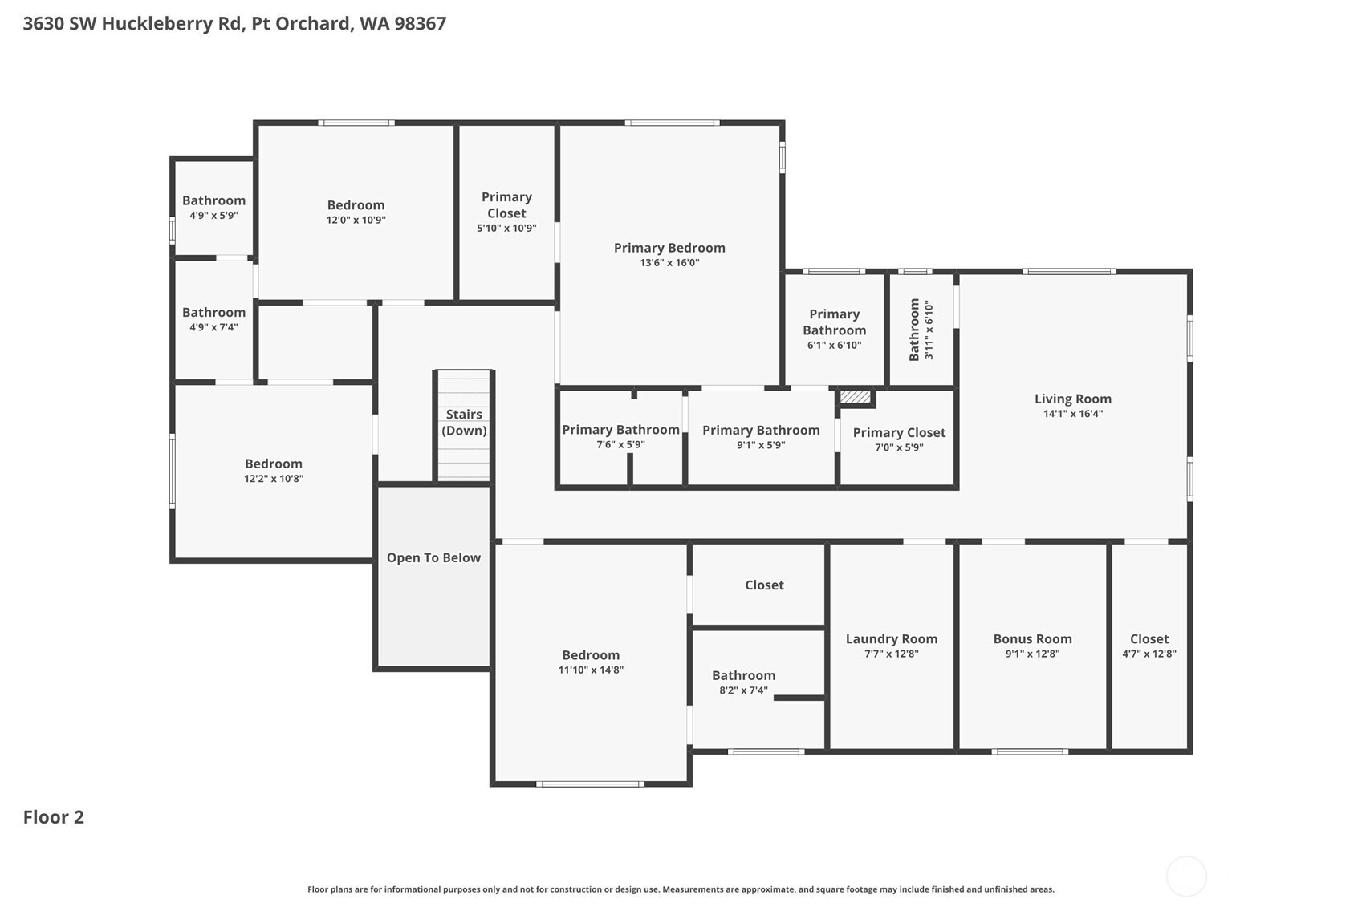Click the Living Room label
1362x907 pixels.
pos(1072,399)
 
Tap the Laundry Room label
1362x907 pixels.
pos(892,639)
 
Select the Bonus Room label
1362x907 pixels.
pos(1032,639)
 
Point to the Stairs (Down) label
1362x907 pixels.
pos(464,422)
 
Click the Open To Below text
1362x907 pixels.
pos(433,557)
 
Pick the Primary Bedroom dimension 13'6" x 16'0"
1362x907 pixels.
pos(669,263)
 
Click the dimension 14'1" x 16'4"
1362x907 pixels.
pos(1073,414)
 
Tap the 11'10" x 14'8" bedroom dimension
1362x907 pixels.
pos(591,670)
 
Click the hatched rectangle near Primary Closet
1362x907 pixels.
pos(856,397)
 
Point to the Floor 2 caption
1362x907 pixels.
pos(54,817)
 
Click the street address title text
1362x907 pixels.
pos(234,23)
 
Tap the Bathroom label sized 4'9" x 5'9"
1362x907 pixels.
pos(214,200)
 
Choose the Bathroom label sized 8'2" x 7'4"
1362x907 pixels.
pos(744,675)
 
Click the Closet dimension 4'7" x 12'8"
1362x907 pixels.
pos(1149,654)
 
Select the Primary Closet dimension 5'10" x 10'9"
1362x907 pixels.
pos(506,229)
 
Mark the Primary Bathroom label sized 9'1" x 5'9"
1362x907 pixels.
pos(762,430)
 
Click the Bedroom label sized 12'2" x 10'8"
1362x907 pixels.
pos(274,464)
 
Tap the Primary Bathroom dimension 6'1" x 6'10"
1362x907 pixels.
pos(834,346)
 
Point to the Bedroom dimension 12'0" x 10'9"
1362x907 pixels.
pos(356,220)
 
